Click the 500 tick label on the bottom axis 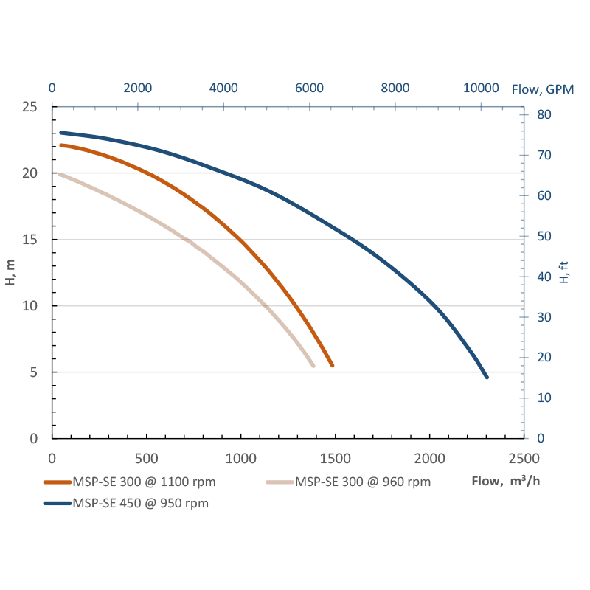click(147, 457)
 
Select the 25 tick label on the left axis click(30, 107)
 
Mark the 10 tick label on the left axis click(30, 306)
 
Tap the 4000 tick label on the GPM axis click(223, 88)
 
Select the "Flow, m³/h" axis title click(507, 482)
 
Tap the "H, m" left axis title click(10, 272)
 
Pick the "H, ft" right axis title click(564, 272)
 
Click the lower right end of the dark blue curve click(487, 377)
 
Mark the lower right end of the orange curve click(333, 365)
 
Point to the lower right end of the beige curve click(313, 365)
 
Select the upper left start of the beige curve click(60, 174)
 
